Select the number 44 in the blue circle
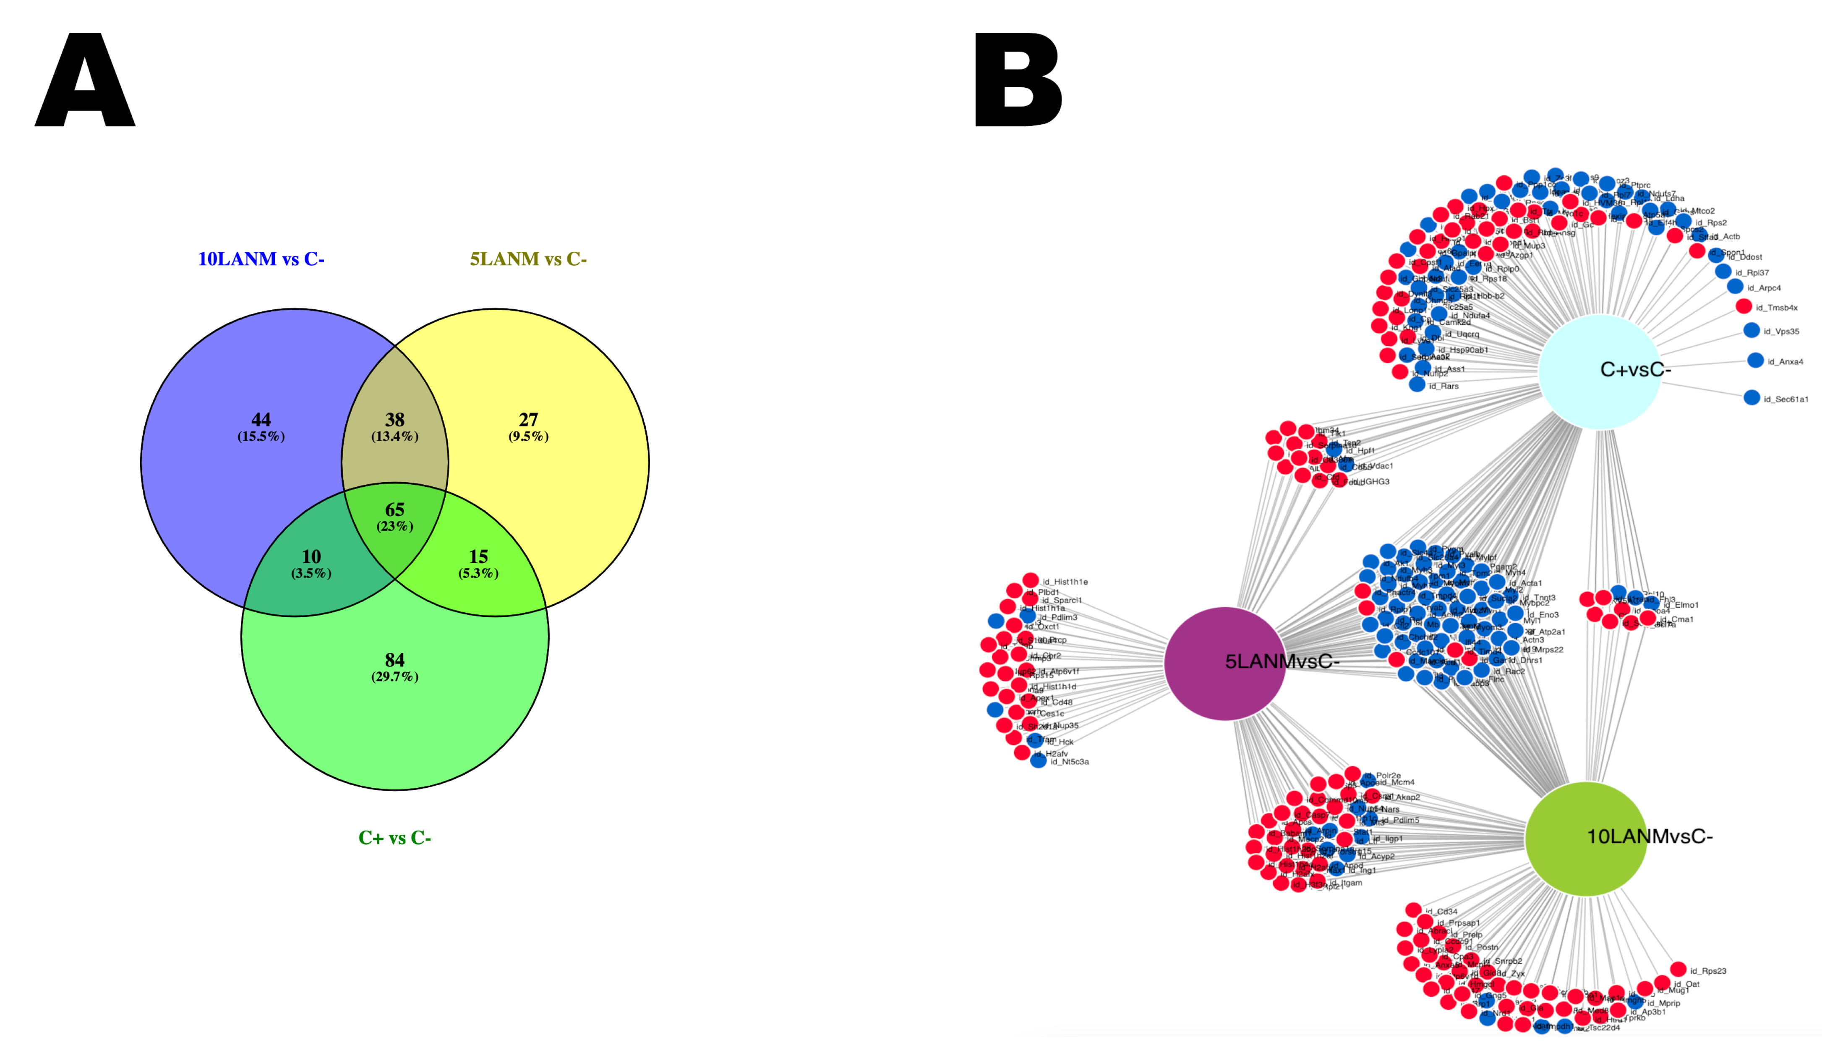(261, 420)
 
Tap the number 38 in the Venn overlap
(395, 420)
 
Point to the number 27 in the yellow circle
(528, 420)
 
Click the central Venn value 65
(395, 509)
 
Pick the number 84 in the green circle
(395, 660)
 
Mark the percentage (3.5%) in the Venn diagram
(311, 573)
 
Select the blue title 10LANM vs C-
(261, 259)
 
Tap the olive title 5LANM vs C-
(528, 259)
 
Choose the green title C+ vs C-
(395, 838)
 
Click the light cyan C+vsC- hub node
(1600, 371)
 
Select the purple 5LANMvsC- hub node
(1225, 662)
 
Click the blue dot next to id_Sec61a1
(1752, 397)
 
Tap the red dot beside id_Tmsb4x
(1744, 306)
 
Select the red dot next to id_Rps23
(1678, 969)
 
